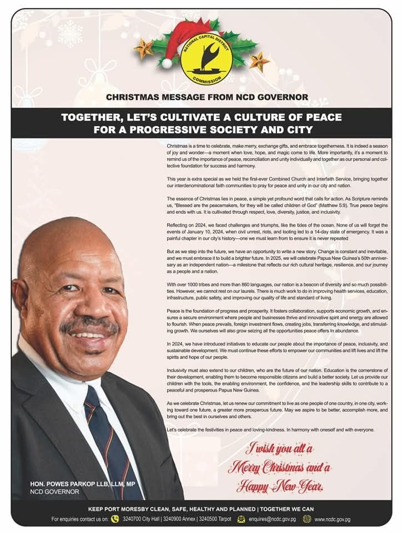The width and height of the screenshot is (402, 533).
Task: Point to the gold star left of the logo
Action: click(144, 48)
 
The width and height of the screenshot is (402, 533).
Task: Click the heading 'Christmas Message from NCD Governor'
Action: click(207, 97)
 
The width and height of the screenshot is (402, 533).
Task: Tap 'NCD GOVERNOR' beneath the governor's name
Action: click(54, 492)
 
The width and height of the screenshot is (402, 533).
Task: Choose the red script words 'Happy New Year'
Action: click(279, 487)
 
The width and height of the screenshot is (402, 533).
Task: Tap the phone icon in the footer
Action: click(115, 519)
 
